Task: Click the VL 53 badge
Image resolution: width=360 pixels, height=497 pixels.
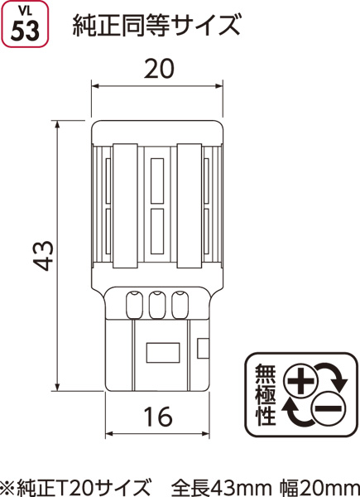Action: pos(25,24)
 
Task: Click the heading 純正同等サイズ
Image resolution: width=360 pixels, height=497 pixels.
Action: pos(156,26)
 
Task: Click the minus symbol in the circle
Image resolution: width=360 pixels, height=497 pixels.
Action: pos(328,409)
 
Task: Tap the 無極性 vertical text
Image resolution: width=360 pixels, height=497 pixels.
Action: pos(266,395)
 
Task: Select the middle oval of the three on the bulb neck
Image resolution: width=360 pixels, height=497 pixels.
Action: pos(156,305)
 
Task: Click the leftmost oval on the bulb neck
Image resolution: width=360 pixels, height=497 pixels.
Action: pos(134,305)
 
